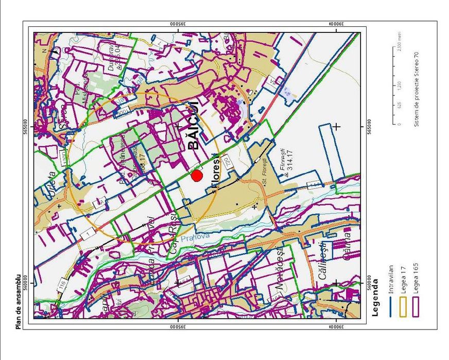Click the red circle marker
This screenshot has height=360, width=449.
tap(196, 176)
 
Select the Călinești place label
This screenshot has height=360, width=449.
tap(323, 260)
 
